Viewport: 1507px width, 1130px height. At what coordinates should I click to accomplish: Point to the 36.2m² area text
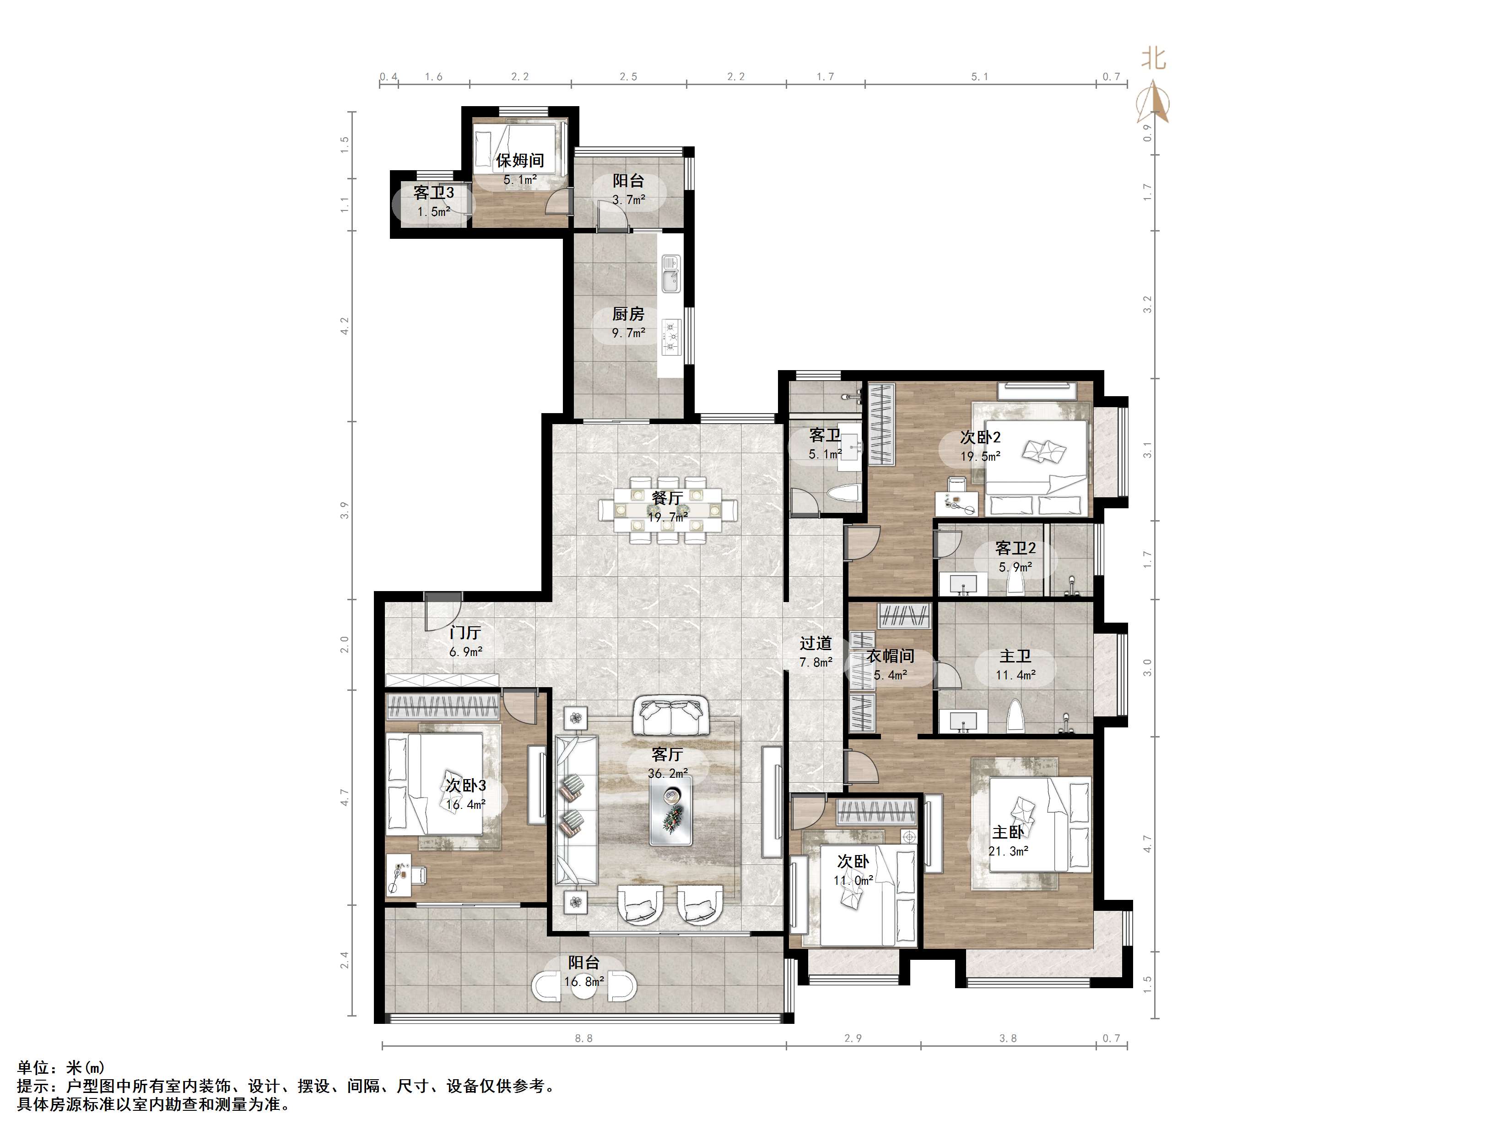(x=668, y=774)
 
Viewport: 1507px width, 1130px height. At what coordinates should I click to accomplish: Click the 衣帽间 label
(x=890, y=656)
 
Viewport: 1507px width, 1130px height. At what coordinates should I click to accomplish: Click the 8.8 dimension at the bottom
(x=584, y=1038)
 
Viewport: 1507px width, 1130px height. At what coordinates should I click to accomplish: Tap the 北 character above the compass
(x=1154, y=58)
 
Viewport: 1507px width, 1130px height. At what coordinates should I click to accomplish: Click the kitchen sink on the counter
(x=670, y=274)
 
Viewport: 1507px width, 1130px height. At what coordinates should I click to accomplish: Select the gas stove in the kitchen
(x=670, y=338)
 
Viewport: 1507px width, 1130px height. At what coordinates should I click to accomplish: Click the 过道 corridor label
(x=816, y=643)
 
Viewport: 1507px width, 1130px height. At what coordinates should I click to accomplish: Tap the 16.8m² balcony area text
(x=584, y=981)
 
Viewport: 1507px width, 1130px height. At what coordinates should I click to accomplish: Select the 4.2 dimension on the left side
(x=345, y=326)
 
